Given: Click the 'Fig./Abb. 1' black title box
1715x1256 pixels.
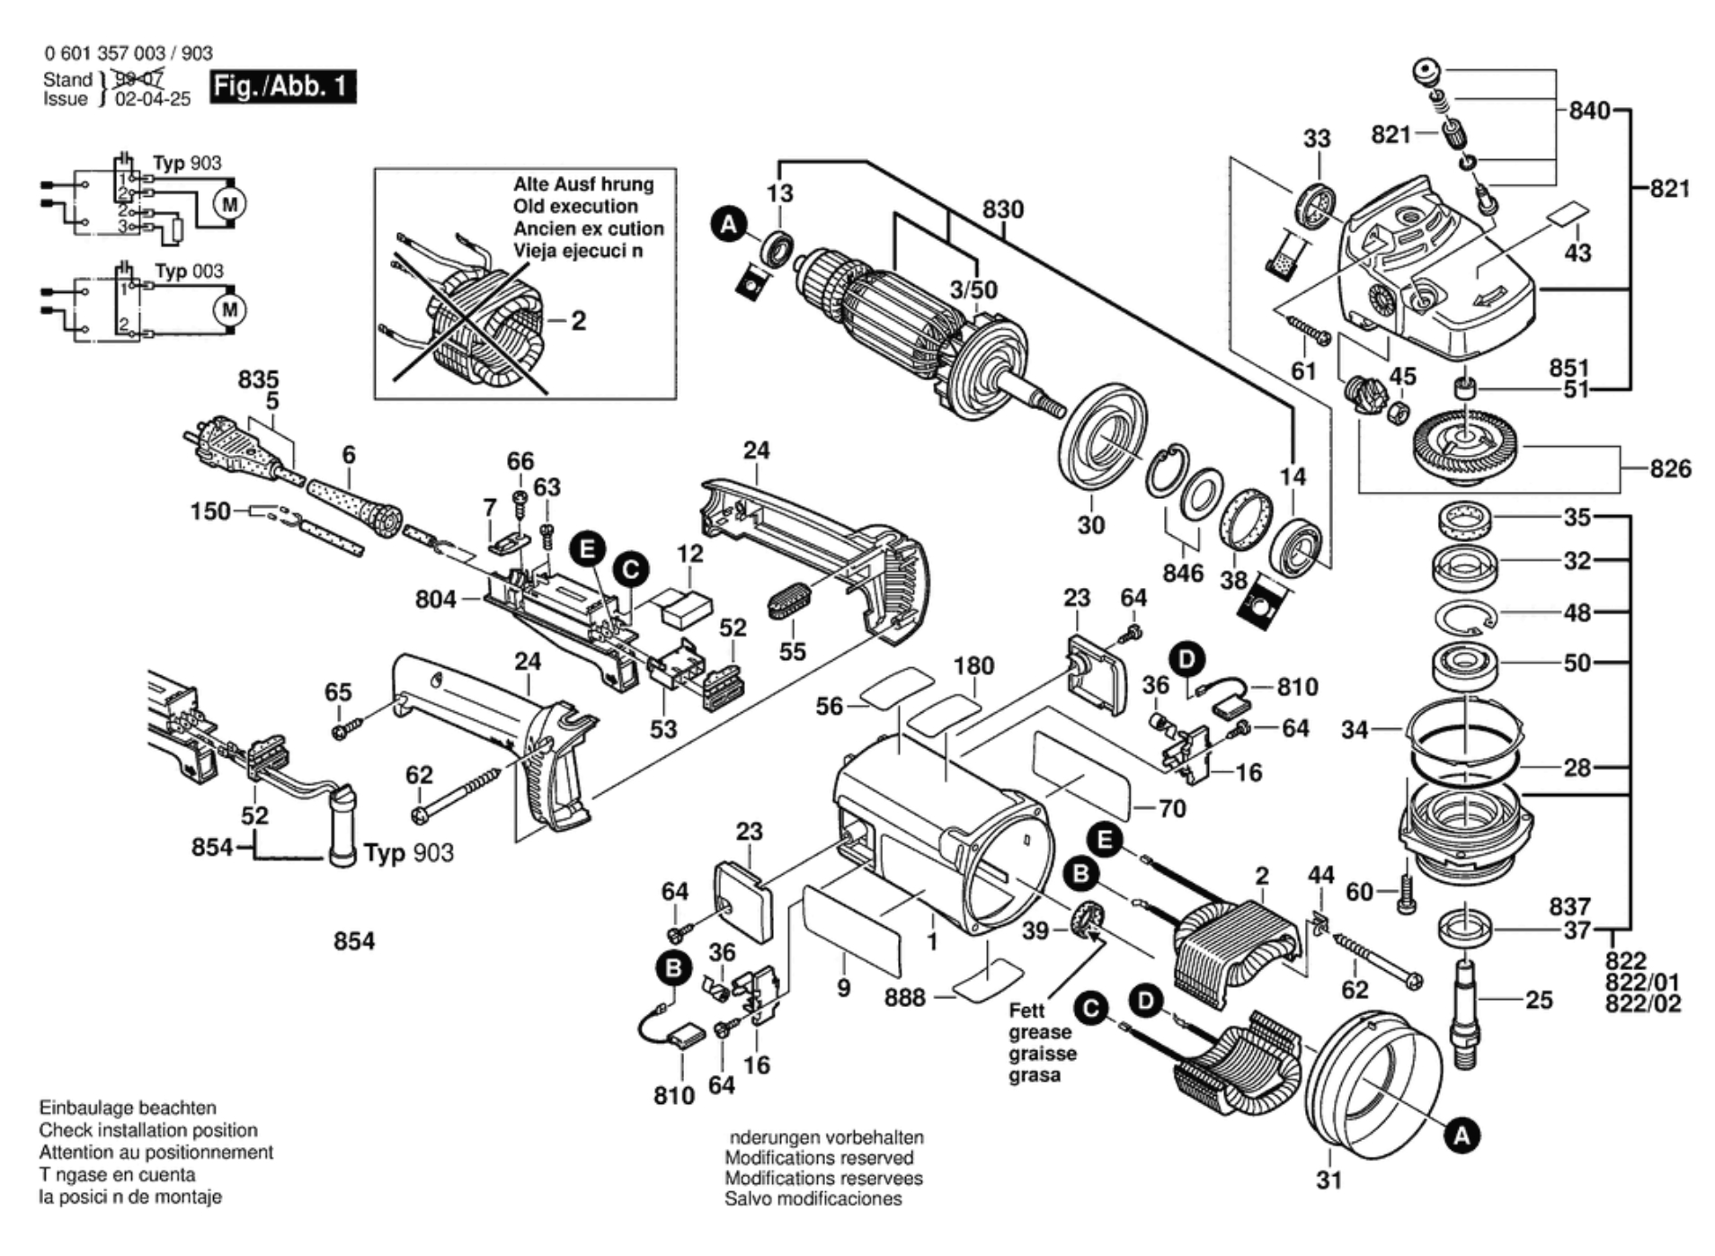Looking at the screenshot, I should [282, 86].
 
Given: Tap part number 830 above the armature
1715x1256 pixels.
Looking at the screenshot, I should [1002, 209].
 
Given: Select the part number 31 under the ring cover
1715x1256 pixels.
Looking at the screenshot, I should [1328, 1180].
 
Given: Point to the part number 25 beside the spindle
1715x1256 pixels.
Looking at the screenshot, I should [1539, 999].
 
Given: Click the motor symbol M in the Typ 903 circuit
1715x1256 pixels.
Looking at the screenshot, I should [230, 204].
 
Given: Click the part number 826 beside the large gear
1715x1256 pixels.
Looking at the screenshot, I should [1670, 468].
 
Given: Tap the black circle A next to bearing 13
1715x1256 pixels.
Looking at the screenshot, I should [729, 224].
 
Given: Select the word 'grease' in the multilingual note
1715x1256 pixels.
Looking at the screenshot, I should [1040, 1032].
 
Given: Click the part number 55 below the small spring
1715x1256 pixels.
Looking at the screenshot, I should [792, 651].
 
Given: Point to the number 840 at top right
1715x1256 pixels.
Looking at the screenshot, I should [1589, 111].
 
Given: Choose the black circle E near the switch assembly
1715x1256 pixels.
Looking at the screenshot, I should [588, 548].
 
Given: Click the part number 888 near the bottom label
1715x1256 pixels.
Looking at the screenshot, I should [904, 997].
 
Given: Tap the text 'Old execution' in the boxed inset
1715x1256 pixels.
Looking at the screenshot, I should [575, 206].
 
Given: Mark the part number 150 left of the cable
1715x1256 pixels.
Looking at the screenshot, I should [210, 512].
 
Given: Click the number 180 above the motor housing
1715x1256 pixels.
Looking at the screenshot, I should [973, 666].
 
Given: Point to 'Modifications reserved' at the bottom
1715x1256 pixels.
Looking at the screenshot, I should [819, 1158].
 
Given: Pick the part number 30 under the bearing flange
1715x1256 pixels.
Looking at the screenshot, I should [1090, 525].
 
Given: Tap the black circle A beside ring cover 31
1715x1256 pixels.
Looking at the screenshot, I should [1462, 1136].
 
